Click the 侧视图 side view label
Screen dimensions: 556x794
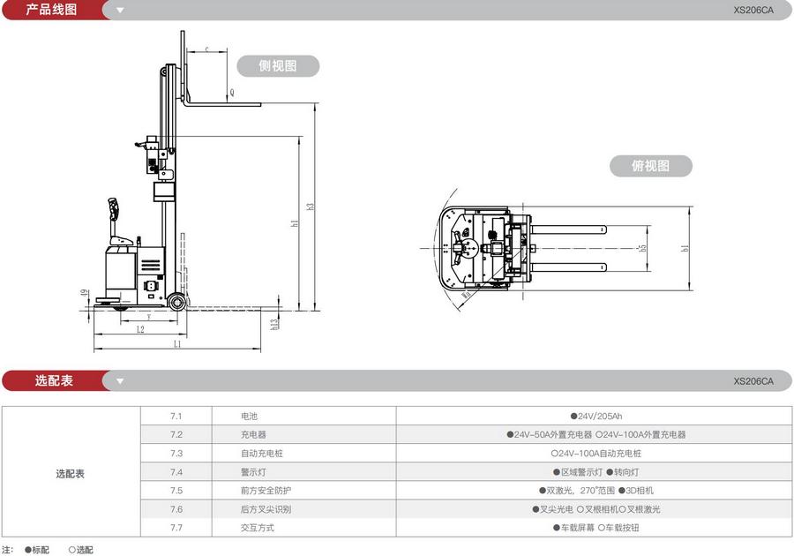277,65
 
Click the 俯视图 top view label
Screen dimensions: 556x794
650,166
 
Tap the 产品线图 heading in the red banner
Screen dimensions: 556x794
50,10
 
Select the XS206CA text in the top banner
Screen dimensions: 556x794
753,11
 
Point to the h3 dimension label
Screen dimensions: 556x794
311,206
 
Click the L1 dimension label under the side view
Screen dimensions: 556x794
177,344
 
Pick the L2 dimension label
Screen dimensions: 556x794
140,329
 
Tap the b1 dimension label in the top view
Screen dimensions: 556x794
684,249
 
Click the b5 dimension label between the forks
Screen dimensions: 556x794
643,249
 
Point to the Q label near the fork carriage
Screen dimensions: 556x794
232,92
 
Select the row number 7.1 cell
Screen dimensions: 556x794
176,416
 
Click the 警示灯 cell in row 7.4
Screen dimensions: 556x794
252,471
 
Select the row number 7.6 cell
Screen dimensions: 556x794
176,509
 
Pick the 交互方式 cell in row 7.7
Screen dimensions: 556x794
257,528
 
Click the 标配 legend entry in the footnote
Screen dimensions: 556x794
37,550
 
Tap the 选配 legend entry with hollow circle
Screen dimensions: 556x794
80,550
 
